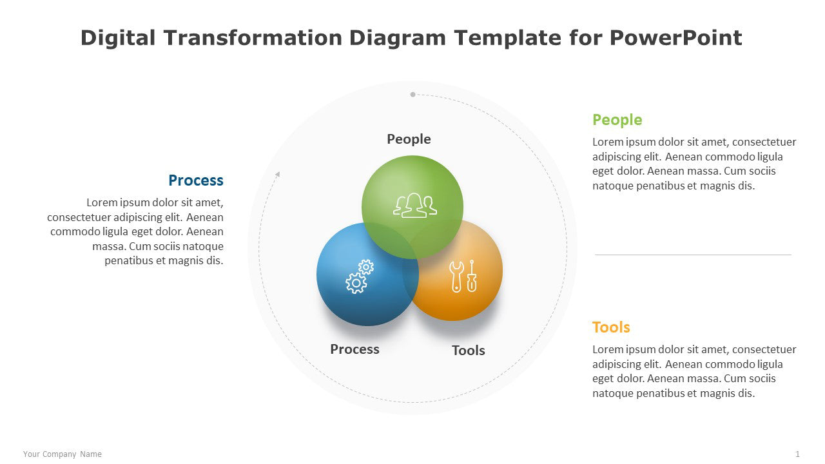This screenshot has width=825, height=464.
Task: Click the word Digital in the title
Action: click(118, 39)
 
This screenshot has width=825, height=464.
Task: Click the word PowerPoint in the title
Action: click(676, 38)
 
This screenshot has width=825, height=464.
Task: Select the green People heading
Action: click(617, 121)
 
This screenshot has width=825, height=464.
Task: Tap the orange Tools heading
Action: click(611, 327)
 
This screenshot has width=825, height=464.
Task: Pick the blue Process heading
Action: click(196, 181)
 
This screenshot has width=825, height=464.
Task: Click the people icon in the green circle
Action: click(414, 206)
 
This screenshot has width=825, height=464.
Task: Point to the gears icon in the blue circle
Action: click(360, 276)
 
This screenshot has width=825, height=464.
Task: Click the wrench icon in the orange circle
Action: click(456, 277)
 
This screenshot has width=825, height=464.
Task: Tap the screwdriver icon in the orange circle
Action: click(472, 276)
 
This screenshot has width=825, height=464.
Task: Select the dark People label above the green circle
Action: click(409, 140)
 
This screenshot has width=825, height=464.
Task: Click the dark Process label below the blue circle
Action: click(354, 349)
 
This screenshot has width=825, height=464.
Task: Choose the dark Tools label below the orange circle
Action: click(469, 351)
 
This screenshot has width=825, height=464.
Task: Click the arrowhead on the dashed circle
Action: click(278, 174)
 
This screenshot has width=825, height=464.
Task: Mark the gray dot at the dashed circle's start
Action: click(413, 95)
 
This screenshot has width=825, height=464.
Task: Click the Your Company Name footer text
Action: click(63, 454)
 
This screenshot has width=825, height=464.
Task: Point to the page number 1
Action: click(797, 454)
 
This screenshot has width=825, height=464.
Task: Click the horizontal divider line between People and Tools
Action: click(693, 255)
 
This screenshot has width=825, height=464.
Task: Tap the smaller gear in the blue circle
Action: click(366, 267)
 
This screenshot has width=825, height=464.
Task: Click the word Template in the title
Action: click(508, 39)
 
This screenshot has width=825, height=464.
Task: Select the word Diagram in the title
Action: click(398, 39)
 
